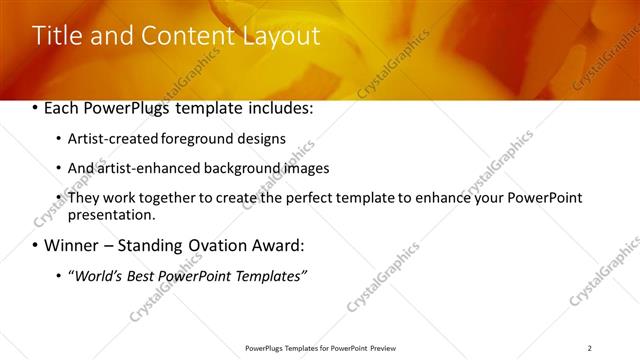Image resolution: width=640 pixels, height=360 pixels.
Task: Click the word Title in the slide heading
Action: tap(57, 36)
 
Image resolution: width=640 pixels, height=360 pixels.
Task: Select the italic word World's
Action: tap(96, 276)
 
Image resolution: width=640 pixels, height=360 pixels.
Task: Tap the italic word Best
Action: tap(140, 276)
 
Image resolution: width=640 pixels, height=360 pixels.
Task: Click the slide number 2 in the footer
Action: tap(590, 348)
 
